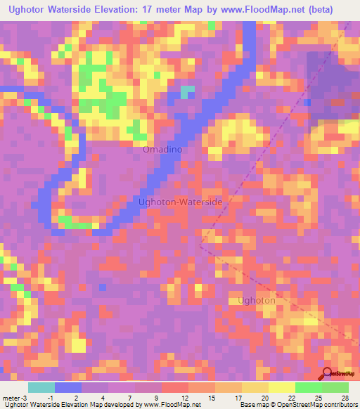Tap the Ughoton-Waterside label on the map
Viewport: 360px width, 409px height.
click(180, 202)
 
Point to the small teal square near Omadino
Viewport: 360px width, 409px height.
click(187, 92)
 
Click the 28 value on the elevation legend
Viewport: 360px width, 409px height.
click(345, 397)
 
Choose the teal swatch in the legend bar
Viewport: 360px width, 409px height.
click(41, 387)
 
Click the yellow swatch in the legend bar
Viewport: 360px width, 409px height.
click(282, 387)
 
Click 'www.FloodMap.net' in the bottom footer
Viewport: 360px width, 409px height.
click(171, 405)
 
